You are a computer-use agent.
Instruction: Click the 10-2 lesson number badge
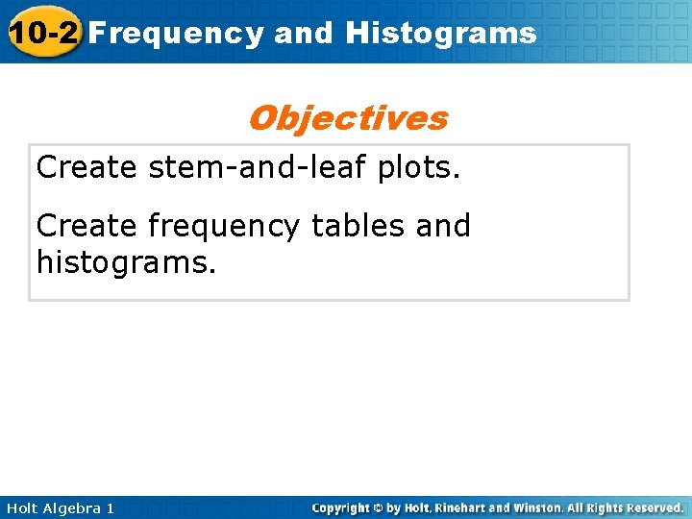pos(42,33)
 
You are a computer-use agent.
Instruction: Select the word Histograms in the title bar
pos(441,34)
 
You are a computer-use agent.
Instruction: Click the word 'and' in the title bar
pos(304,34)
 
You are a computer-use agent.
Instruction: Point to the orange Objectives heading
pos(347,118)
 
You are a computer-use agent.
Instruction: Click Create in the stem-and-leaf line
pos(86,167)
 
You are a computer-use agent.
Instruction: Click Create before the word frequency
pos(86,226)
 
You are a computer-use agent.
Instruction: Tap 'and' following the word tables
pos(443,226)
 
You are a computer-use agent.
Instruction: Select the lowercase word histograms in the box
pos(126,261)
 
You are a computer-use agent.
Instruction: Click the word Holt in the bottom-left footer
pos(21,507)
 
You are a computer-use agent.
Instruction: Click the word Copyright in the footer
pos(342,507)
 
